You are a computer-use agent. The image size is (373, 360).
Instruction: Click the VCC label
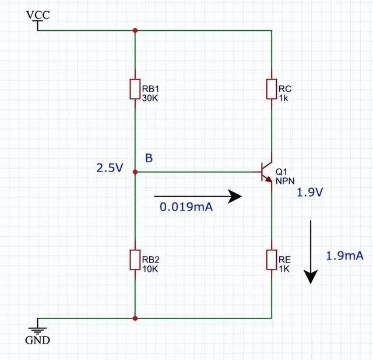coord(38,15)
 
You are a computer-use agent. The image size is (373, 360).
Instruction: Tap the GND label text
coord(38,340)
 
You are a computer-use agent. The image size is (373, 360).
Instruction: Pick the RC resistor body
coord(272,89)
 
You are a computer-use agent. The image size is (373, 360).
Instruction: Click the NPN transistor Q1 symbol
coord(268,172)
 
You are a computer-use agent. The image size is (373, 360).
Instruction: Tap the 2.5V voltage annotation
coord(110,169)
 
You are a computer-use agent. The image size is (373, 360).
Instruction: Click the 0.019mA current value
coord(185,206)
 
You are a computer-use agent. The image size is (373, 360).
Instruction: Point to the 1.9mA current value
coord(345,256)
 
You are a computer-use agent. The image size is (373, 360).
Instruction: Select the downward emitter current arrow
coord(311,251)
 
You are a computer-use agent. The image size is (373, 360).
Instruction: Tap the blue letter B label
coord(149,158)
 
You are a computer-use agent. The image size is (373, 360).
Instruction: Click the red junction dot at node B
coord(135,172)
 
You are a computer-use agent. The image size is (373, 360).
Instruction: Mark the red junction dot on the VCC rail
coord(135,30)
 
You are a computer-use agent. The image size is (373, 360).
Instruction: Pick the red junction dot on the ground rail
coord(135,319)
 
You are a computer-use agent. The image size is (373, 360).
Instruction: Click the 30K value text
coord(150,98)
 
